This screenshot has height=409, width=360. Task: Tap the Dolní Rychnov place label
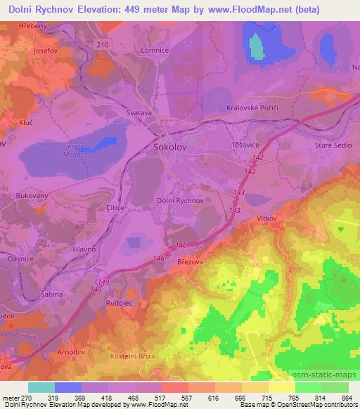click(x=180, y=200)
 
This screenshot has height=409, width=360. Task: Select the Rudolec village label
click(x=120, y=304)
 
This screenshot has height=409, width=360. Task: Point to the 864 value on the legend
click(x=345, y=398)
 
